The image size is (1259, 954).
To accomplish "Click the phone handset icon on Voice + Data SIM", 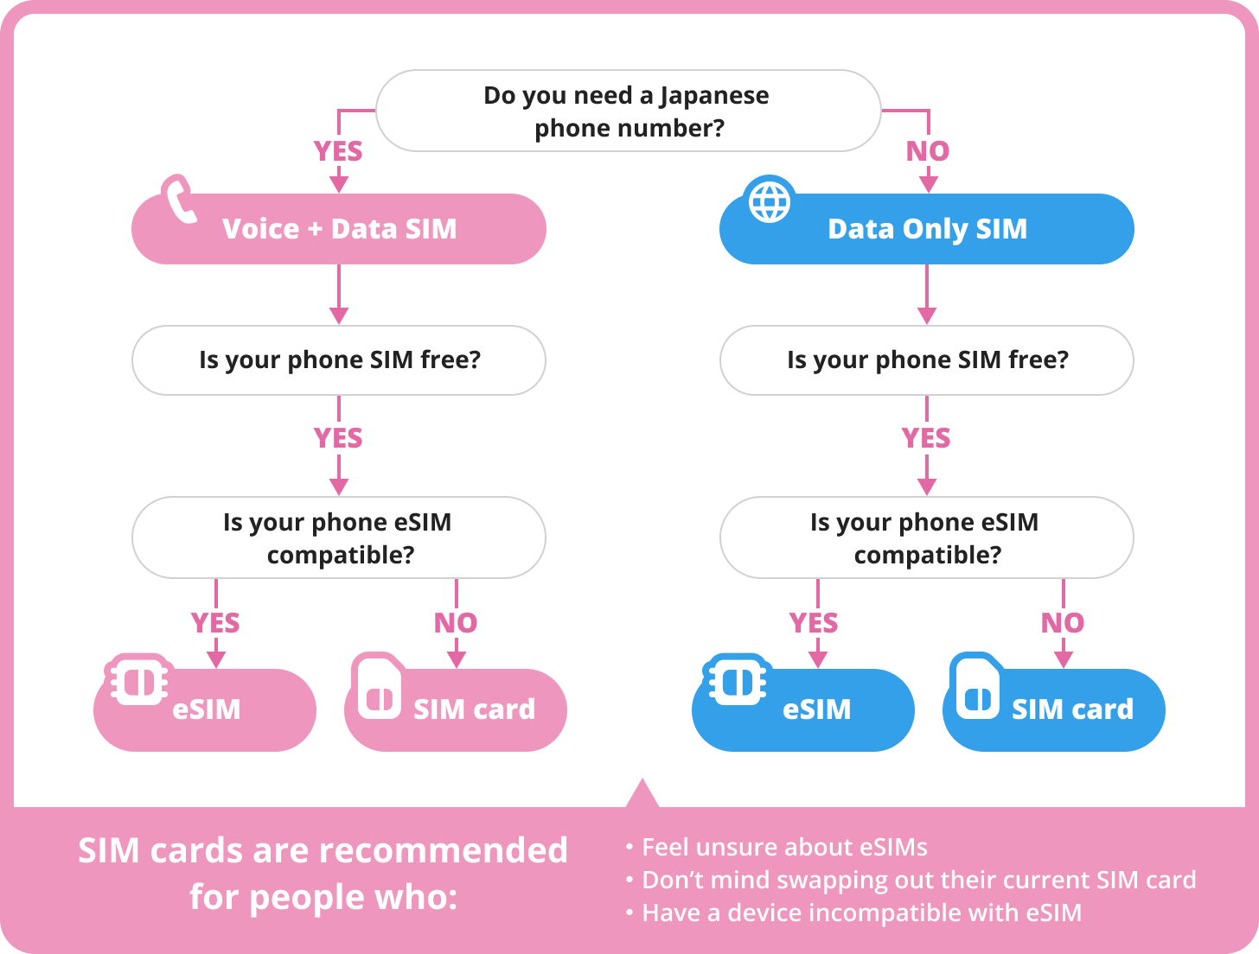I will click(x=180, y=200).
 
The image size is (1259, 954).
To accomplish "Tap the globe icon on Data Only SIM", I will click(x=769, y=201).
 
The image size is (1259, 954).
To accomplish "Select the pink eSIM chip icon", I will click(x=138, y=681).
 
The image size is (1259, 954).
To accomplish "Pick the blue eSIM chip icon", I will click(x=737, y=681).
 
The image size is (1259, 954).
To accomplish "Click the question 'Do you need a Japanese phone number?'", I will click(x=628, y=111).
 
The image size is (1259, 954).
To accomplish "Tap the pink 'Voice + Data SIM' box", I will click(x=339, y=229).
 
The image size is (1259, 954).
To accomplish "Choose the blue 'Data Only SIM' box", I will click(x=927, y=229).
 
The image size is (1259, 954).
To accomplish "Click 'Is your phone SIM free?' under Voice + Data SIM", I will click(x=339, y=359).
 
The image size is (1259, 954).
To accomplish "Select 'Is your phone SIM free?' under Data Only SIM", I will click(x=927, y=359).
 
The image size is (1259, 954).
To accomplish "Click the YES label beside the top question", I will click(x=338, y=151).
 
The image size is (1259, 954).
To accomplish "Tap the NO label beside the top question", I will click(x=928, y=151).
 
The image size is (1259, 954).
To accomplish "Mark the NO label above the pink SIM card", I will click(x=456, y=623).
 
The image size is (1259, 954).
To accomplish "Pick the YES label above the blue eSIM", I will click(x=814, y=623).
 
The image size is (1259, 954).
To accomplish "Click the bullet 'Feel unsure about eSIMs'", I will click(x=784, y=848).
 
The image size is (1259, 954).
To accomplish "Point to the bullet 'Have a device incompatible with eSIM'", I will click(x=861, y=913).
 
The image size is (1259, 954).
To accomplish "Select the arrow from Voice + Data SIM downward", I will click(x=339, y=294).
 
